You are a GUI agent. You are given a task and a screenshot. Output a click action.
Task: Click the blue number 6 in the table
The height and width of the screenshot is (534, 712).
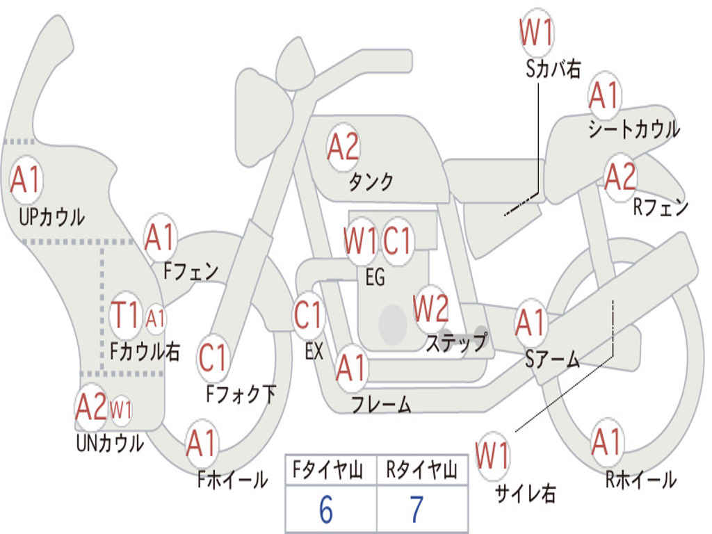pyautogui.click(x=326, y=509)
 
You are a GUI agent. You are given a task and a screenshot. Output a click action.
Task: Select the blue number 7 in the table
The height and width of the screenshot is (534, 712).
pyautogui.click(x=417, y=509)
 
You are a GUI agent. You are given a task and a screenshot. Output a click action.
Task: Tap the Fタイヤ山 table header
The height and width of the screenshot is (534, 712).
pyautogui.click(x=328, y=470)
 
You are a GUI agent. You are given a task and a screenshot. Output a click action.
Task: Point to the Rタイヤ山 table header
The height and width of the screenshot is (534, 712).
pyautogui.click(x=421, y=470)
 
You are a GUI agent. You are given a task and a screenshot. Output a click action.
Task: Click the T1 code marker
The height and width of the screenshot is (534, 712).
pyautogui.click(x=125, y=315)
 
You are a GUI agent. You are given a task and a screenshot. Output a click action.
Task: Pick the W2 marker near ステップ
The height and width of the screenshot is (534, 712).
pyautogui.click(x=430, y=309)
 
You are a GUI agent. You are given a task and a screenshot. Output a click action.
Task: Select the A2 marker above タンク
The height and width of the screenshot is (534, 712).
pyautogui.click(x=343, y=147)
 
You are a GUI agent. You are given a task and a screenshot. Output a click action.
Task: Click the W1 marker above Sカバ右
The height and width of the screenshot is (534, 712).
pyautogui.click(x=536, y=32)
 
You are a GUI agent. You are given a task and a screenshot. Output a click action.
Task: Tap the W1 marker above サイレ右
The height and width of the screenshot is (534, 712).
pyautogui.click(x=492, y=455)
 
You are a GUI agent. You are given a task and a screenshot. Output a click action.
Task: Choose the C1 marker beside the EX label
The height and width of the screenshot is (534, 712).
pyautogui.click(x=308, y=314)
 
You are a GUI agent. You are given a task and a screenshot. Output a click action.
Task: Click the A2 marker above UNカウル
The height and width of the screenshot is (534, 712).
pyautogui.click(x=91, y=407)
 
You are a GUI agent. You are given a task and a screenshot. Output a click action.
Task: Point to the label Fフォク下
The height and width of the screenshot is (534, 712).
pyautogui.click(x=241, y=394)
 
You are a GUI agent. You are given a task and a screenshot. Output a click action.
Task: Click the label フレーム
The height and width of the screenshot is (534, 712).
pyautogui.click(x=382, y=404)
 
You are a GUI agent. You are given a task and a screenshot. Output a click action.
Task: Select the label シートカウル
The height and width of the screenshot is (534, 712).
pyautogui.click(x=634, y=129)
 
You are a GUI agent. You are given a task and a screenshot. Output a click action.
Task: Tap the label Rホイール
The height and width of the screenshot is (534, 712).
pyautogui.click(x=641, y=480)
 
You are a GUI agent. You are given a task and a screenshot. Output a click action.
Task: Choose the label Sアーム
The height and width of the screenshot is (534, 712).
pyautogui.click(x=553, y=359)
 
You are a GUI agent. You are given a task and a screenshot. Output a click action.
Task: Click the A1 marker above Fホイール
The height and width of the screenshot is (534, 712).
pyautogui.click(x=201, y=443)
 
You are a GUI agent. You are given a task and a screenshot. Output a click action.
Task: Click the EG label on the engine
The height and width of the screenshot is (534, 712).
pyautogui.click(x=375, y=277)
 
